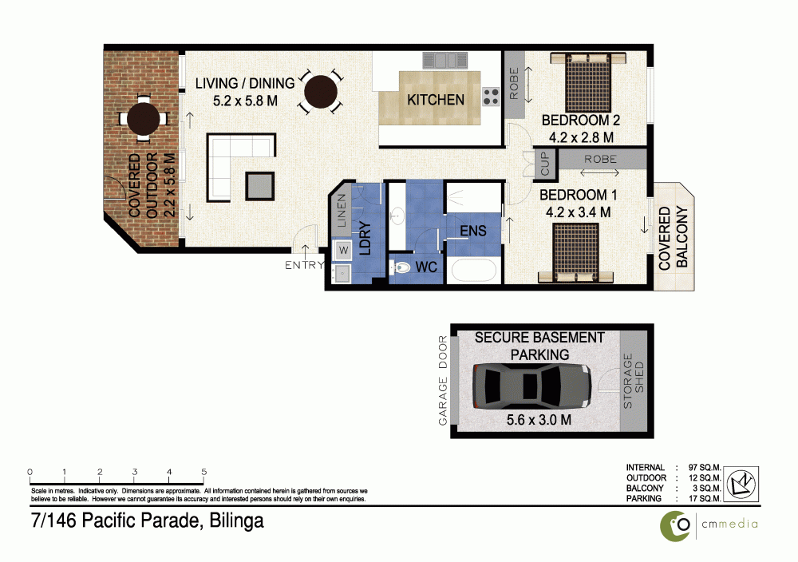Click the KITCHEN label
pos(435,100)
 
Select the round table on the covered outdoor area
pos(144,118)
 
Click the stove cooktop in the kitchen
pos(491,97)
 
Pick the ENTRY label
pos(304,266)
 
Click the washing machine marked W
pos(344,251)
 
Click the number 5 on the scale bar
pos(204,471)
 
